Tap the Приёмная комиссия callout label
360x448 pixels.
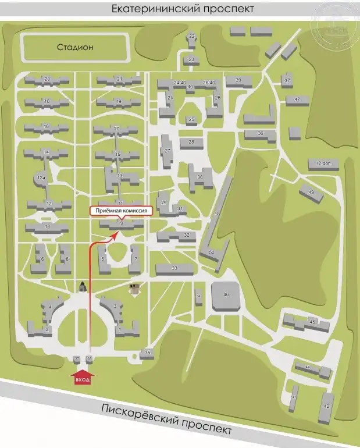(120, 212)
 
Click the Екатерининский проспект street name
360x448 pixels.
(180, 9)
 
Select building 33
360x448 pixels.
(174, 268)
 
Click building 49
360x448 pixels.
(311, 193)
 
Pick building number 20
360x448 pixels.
(47, 80)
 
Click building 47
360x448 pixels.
(297, 100)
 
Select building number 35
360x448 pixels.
(148, 353)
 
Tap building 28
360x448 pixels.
(191, 143)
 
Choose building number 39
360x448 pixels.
(238, 80)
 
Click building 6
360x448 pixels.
(40, 259)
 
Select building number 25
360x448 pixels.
(191, 120)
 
